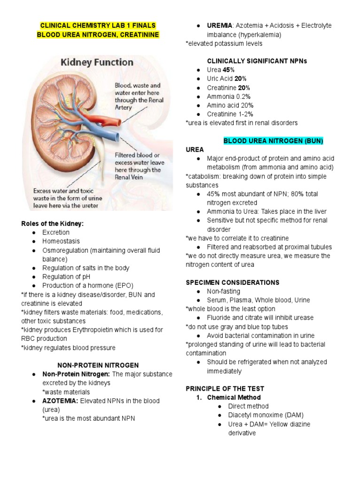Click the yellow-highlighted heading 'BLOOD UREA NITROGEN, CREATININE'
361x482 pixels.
click(x=98, y=34)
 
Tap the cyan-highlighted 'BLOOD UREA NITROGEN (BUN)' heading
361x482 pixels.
click(x=273, y=141)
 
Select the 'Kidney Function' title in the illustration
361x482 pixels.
click(x=97, y=62)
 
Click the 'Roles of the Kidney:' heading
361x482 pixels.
click(x=52, y=224)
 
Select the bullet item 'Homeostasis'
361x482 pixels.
click(x=60, y=241)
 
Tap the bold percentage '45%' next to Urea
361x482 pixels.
click(x=228, y=70)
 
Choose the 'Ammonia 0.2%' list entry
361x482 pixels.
click(x=228, y=96)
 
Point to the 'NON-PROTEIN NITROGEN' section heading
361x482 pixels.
click(x=98, y=365)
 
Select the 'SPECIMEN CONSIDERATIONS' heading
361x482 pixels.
click(x=232, y=282)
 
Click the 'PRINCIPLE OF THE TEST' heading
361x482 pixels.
click(x=225, y=388)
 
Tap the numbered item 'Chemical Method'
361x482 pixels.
click(x=234, y=397)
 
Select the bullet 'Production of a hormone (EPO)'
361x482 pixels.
click(x=87, y=285)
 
